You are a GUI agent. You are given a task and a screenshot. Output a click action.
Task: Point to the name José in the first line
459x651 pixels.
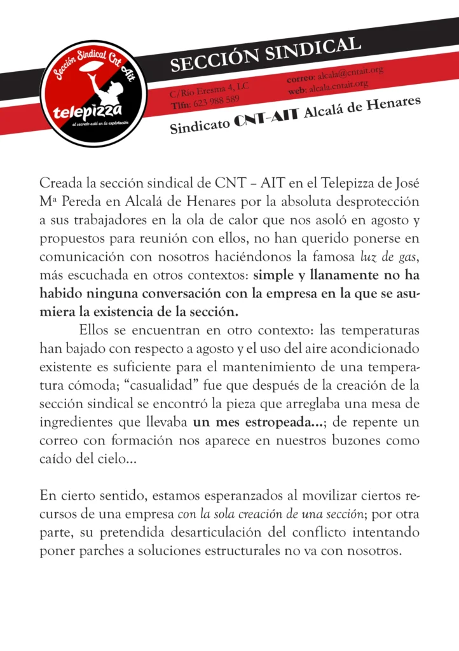[406, 183]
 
